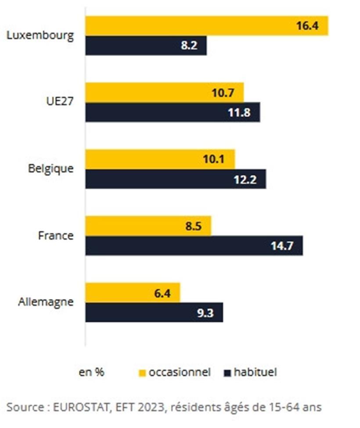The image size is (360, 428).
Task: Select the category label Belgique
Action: tap(50, 169)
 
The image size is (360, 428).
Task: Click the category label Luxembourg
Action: tap(40, 36)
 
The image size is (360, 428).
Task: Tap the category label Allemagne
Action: tap(46, 302)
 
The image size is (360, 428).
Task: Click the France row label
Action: tap(56, 235)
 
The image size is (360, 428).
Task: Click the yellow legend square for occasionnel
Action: tap(142, 373)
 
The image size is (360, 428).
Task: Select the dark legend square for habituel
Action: tap(227, 373)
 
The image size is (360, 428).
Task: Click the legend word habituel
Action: tap(255, 373)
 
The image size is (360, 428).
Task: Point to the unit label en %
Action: tap(91, 373)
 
